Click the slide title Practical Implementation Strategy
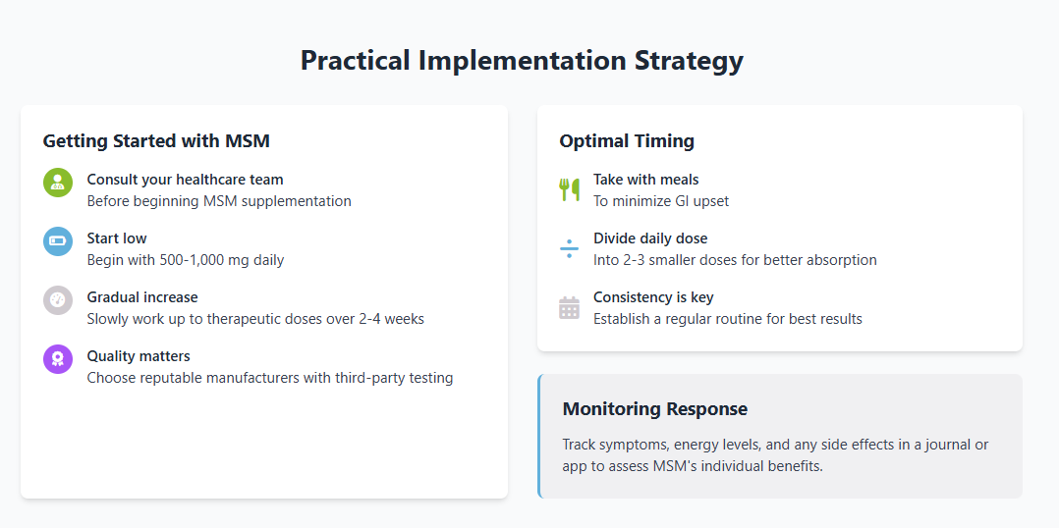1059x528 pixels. [522, 60]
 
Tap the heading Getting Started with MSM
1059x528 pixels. [156, 141]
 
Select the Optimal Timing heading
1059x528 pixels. [627, 141]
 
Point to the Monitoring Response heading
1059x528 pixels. [654, 408]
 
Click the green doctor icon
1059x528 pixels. [58, 183]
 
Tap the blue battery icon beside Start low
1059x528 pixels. [58, 241]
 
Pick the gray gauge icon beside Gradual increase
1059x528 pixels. [58, 300]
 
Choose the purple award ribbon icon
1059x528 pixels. [58, 359]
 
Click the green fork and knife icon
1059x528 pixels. [570, 189]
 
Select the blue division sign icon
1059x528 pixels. [570, 249]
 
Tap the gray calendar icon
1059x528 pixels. [570, 307]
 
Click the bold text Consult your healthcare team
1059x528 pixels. [185, 180]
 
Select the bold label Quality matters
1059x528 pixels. [139, 356]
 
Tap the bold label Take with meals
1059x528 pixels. [645, 180]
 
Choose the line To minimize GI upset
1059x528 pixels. [661, 201]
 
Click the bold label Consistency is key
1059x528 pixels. [653, 297]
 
